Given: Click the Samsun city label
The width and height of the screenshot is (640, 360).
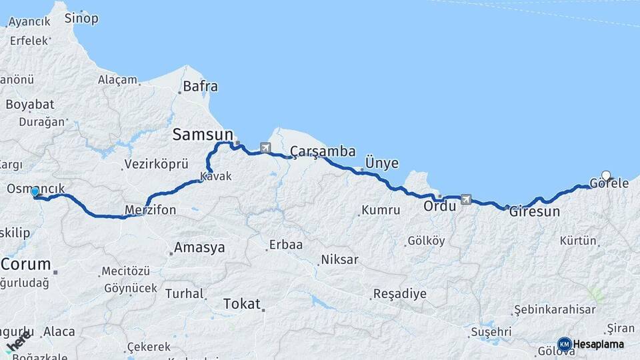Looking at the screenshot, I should (x=203, y=134).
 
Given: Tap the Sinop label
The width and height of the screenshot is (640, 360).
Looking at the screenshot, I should (x=81, y=19).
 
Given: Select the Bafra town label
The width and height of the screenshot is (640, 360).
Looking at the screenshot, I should (x=200, y=86).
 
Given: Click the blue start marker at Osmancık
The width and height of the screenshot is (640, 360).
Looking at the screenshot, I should (x=35, y=192).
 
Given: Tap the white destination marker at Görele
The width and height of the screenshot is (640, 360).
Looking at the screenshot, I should (x=606, y=176).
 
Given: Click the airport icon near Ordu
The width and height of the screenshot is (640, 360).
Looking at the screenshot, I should (x=465, y=199).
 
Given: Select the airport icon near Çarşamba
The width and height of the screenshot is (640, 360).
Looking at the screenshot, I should (x=266, y=147).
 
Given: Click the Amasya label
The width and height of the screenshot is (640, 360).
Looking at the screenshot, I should (x=199, y=248).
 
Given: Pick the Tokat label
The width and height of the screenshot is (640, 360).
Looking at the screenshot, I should (x=241, y=304).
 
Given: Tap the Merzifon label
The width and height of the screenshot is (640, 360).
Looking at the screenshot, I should (x=150, y=211).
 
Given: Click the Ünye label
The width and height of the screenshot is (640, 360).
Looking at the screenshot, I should (x=382, y=163).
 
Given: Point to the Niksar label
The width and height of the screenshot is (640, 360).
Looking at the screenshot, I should (x=339, y=259).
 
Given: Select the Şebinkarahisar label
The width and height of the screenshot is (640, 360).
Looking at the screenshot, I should (x=554, y=311).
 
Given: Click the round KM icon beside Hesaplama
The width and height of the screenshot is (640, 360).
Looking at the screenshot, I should (x=564, y=344).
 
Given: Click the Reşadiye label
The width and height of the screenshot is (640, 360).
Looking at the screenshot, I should (x=399, y=294).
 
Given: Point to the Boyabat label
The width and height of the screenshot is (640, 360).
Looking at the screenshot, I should (x=30, y=105).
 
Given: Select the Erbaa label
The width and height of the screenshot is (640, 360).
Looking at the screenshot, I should (x=285, y=245).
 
